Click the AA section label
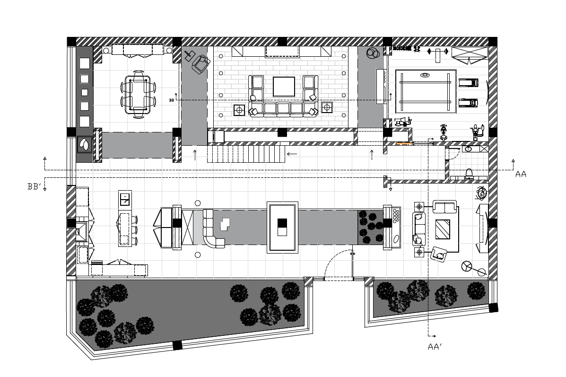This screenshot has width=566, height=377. tap(521, 175)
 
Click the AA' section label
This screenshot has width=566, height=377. tap(435, 347)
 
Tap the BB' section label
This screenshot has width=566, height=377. tap(35, 187)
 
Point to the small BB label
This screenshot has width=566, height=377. tap(172, 100)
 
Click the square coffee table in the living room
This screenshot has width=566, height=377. tap(284, 87)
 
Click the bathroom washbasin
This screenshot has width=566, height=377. tap(468, 149)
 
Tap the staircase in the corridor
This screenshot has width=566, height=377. tap(246, 154)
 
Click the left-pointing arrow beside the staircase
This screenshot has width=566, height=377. tap(292, 154)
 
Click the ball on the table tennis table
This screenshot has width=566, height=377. tap(425, 75)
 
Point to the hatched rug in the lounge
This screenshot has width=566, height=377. tap(443, 229)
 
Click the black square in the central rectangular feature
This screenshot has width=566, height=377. tap(282, 223)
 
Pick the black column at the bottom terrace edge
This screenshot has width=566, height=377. tap(177, 346)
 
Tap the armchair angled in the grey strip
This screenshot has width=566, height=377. tap(200, 64)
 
